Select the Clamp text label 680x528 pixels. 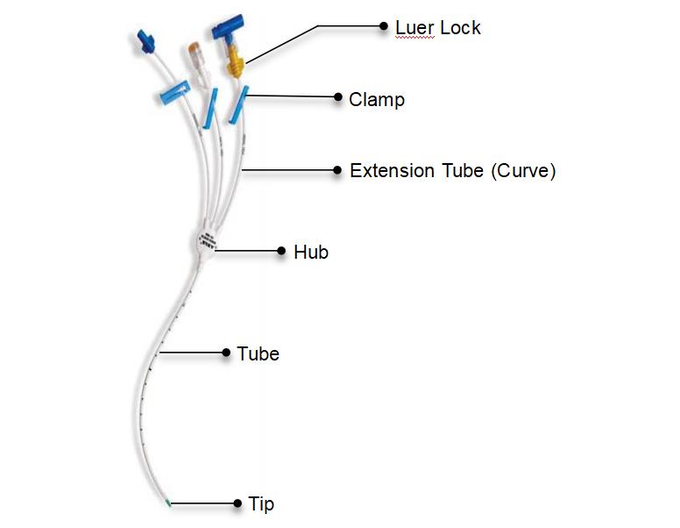pos(377,99)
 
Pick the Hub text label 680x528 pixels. pos(311,252)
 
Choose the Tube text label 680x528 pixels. pos(258,354)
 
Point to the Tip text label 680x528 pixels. pos(261,504)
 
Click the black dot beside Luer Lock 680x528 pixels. pos(383,26)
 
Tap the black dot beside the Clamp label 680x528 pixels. pos(337,97)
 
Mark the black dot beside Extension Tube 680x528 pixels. pos(337,170)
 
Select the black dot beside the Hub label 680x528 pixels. pos(281,251)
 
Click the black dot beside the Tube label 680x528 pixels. pos(225,353)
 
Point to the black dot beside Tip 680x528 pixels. pos(237,503)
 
